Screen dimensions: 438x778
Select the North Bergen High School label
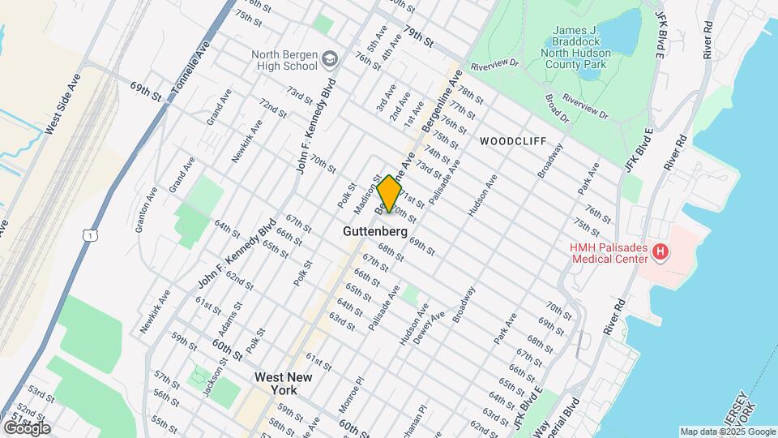(284, 61)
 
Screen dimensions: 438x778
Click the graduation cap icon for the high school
(329, 58)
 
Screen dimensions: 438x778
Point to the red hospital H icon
(660, 253)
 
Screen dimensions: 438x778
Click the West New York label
(284, 384)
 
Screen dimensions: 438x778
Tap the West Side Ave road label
(63, 104)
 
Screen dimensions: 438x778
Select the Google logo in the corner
(26, 427)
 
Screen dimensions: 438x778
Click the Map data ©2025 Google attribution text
(728, 432)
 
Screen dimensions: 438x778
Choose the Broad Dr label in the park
(558, 109)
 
